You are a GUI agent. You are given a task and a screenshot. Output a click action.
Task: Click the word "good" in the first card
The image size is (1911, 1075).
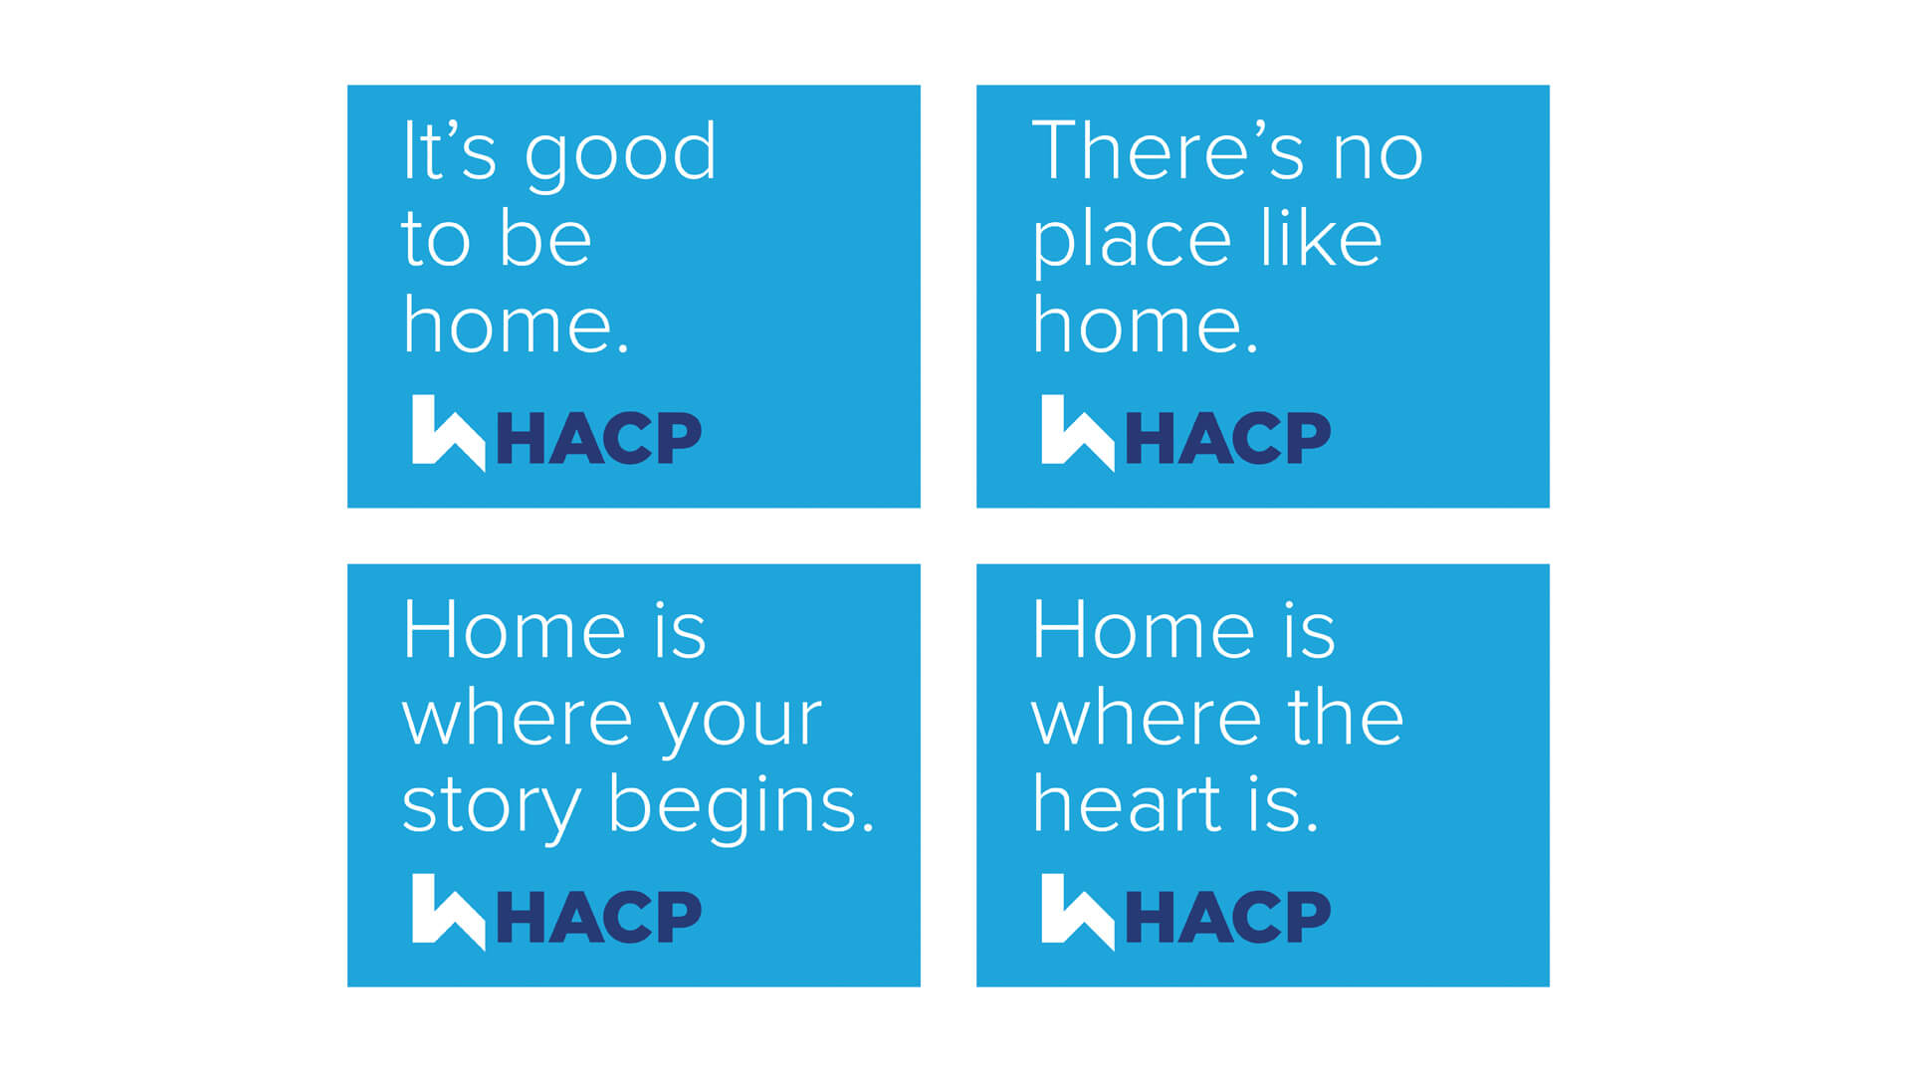[x=620, y=158]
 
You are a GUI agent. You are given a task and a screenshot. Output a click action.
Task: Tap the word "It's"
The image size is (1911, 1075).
[x=449, y=150]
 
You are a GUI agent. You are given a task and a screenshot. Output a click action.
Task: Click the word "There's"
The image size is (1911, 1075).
[x=1168, y=150]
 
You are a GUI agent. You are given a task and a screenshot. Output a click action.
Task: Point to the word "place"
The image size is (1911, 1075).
[x=1132, y=244]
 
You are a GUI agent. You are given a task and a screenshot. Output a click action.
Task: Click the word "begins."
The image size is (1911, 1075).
[x=742, y=807]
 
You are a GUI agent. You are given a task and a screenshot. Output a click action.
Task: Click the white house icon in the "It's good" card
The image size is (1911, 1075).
[x=448, y=432]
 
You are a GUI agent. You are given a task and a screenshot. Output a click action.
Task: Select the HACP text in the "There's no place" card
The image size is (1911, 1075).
[x=1228, y=438]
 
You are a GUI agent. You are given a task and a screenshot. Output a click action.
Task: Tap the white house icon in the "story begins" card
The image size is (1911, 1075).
[x=448, y=912]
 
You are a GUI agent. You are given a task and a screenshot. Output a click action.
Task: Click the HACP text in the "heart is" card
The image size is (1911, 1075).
[x=1228, y=918]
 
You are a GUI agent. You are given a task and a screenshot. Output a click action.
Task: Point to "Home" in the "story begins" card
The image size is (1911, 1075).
[x=514, y=630]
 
